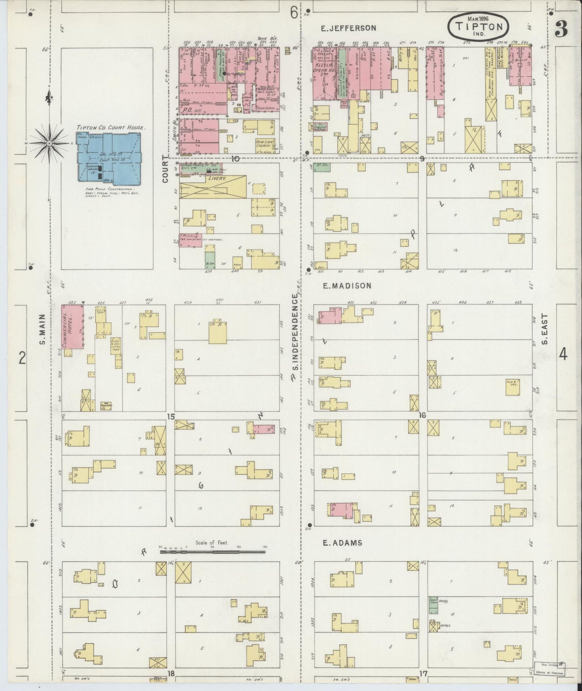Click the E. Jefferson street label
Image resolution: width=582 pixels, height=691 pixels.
[x=348, y=28]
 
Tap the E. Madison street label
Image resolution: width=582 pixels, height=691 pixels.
[x=347, y=285]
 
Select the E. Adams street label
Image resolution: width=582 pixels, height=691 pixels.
[x=342, y=543]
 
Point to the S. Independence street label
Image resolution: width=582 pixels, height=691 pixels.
[x=296, y=332]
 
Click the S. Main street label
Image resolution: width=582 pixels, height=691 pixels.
[x=42, y=331]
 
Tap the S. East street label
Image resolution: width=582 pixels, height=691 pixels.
[x=545, y=329]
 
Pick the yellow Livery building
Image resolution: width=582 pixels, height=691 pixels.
[x=213, y=186]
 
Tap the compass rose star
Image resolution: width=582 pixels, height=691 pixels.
[x=49, y=143]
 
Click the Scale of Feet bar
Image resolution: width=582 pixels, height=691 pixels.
[x=213, y=551]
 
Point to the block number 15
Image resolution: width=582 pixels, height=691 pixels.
[x=171, y=416]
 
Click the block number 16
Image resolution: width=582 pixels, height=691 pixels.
[x=422, y=415]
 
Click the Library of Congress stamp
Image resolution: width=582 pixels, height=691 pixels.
[x=550, y=668]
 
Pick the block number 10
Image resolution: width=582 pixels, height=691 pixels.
[x=235, y=158]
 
